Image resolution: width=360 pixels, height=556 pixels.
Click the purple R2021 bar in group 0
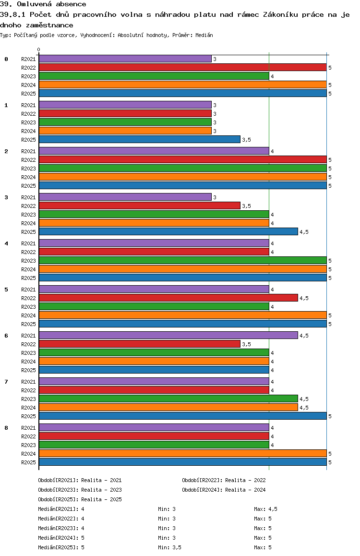coord(125,59)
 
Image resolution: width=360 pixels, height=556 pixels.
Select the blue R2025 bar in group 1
coord(139,139)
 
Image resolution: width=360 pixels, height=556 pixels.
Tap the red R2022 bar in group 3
coord(139,205)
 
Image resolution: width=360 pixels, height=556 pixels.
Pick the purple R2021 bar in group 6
coord(168,335)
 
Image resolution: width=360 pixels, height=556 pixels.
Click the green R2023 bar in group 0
coord(154,76)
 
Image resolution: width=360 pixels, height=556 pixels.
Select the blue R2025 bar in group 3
coord(168,231)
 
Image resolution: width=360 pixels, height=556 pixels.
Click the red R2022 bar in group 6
coord(139,344)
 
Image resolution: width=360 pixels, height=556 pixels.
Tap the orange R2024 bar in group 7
coord(168,407)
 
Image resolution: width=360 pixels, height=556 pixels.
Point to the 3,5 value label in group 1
coord(246,140)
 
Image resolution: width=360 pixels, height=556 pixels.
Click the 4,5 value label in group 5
coord(304,298)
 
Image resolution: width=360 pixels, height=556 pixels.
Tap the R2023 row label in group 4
coord(28,261)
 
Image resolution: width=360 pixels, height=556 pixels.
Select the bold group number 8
coord(6,428)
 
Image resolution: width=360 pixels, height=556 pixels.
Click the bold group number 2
coord(6,151)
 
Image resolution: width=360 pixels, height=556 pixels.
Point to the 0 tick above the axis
coord(39,49)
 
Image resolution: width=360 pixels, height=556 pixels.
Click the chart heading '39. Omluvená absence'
coord(43,4)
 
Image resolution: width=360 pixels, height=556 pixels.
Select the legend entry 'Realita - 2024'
coord(224,490)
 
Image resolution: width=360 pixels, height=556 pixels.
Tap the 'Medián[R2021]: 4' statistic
coord(61,509)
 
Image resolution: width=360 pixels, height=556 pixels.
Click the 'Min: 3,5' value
coord(169,547)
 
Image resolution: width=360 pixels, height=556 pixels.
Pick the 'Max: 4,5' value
coord(265,509)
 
